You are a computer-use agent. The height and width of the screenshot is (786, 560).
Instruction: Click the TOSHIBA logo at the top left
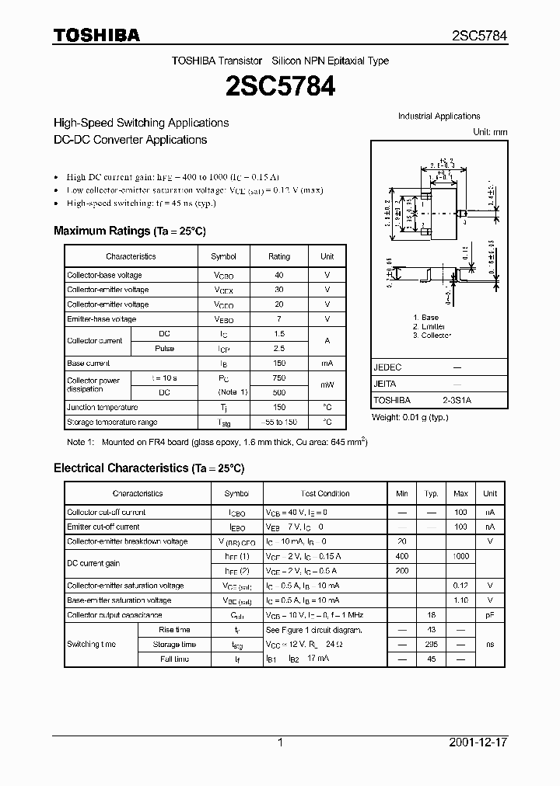[96, 35]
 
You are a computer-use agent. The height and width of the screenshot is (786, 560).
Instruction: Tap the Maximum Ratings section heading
[129, 231]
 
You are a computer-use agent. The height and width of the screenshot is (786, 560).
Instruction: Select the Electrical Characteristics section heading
[149, 468]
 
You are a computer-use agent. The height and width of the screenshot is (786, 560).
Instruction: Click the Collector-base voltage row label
[104, 275]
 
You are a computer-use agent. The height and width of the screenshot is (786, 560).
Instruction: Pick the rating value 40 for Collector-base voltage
[279, 275]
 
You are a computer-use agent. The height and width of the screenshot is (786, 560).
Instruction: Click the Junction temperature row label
[102, 407]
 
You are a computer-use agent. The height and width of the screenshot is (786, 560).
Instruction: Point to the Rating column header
[279, 256]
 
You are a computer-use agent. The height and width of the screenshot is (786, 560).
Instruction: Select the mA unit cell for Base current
[327, 363]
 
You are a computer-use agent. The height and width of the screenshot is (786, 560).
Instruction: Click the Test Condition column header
[325, 493]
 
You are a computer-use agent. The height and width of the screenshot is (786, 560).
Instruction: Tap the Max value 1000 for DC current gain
[460, 557]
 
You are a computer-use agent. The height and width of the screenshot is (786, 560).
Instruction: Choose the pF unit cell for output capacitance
[490, 615]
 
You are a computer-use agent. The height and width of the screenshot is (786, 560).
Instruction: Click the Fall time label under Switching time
[174, 659]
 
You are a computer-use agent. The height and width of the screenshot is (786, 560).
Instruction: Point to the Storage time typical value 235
[431, 645]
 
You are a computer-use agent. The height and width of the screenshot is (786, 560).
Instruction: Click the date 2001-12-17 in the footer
[478, 743]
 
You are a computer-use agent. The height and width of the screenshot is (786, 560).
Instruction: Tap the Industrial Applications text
[439, 117]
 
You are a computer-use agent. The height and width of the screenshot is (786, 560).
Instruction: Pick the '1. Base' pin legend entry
[425, 318]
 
